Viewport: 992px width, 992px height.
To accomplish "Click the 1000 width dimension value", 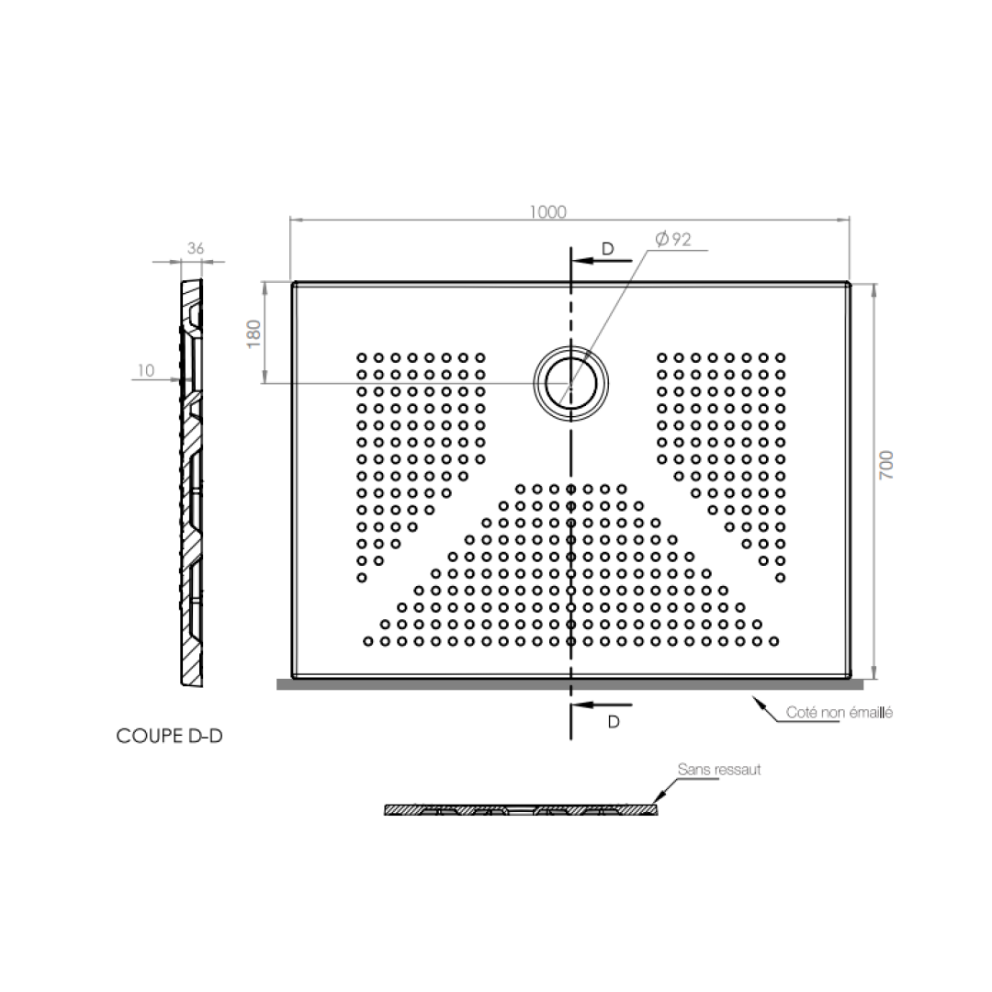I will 548,211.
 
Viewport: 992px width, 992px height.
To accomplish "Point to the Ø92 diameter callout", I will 672,240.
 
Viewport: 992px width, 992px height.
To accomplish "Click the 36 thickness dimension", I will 195,248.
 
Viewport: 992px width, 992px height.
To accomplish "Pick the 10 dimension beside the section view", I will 145,370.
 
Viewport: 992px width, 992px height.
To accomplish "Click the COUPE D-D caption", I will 169,736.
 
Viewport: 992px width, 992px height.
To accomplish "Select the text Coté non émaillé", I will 840,712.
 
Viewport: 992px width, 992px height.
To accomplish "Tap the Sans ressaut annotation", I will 719,770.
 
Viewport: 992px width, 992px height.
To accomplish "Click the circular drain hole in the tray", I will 570,383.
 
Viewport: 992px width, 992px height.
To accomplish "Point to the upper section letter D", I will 607,249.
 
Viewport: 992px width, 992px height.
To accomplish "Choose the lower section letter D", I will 614,722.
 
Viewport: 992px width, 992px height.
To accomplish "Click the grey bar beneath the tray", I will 569,683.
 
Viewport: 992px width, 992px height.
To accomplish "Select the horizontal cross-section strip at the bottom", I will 521,809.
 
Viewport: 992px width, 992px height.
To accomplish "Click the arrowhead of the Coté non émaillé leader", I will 759,702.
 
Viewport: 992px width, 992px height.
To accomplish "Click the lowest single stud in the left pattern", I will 362,577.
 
